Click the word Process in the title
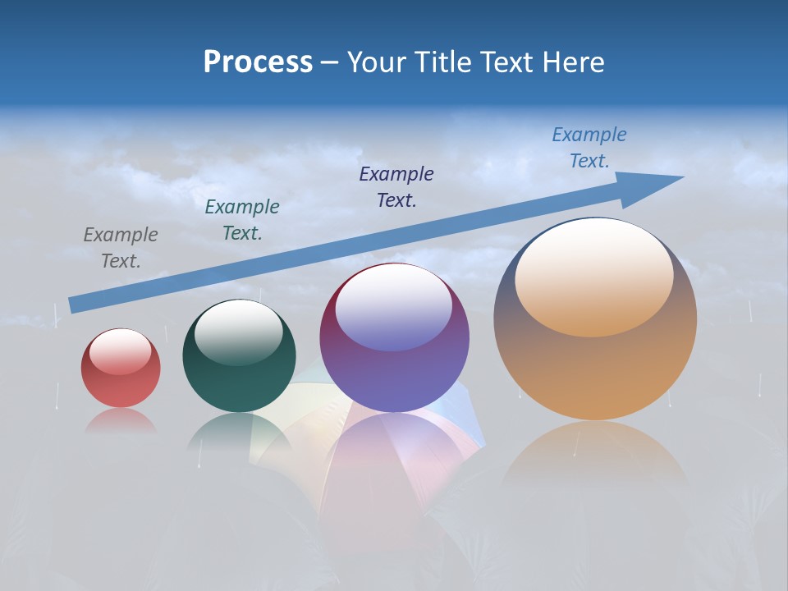tap(258, 62)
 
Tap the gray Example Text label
tap(121, 248)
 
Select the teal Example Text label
tap(242, 220)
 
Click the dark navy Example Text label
tap(396, 186)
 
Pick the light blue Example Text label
tap(589, 148)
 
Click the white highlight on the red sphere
tap(120, 350)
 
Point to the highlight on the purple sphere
tap(394, 308)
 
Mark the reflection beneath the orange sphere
tap(595, 460)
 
